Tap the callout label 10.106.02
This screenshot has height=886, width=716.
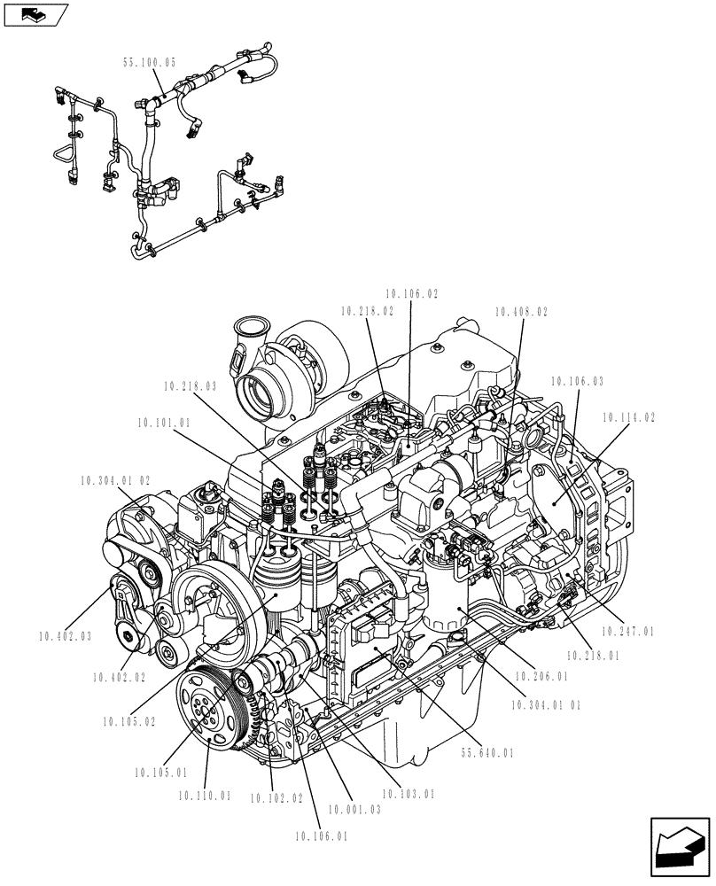[412, 293]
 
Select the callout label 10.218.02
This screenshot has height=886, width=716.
[367, 311]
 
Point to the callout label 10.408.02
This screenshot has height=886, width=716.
[521, 312]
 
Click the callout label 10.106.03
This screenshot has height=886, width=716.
[577, 381]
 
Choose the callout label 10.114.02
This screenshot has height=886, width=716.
[629, 416]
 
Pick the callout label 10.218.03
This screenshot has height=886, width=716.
[190, 386]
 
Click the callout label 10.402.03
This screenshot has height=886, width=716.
[66, 635]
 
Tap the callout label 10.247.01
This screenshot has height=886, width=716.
[627, 632]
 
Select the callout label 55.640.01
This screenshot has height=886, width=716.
[486, 753]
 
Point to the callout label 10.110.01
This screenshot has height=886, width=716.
[204, 796]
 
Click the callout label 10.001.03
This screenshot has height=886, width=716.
[354, 810]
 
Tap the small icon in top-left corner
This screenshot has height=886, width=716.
[36, 14]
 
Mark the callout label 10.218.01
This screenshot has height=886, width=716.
[591, 656]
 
